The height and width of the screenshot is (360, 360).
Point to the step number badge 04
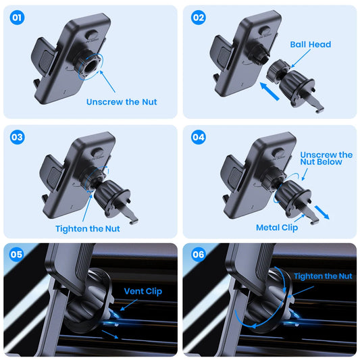198,137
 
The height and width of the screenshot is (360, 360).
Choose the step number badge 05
17,255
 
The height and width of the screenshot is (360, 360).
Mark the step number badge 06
198,255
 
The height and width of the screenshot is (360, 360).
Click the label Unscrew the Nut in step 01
122,102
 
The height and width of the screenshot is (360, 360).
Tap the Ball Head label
310,45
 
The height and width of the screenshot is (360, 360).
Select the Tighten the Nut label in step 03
88,228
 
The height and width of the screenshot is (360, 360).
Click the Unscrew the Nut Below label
326,158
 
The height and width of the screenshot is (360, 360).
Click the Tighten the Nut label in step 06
323,276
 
